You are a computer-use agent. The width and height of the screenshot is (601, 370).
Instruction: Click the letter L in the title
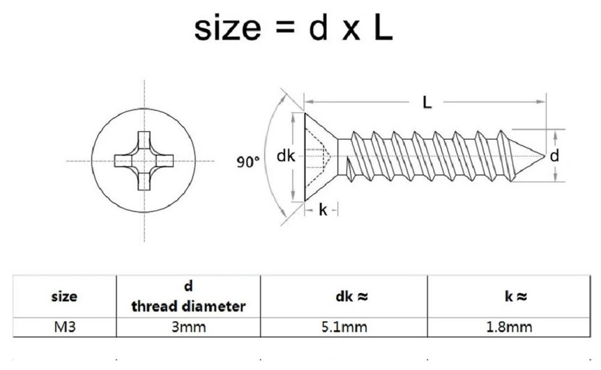click(383, 28)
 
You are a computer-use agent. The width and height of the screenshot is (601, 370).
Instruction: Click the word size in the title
click(227, 29)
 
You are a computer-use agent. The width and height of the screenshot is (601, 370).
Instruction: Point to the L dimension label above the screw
click(427, 102)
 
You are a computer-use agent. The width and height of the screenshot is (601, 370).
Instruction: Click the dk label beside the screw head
click(285, 156)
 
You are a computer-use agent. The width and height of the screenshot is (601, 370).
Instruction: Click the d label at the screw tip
click(554, 156)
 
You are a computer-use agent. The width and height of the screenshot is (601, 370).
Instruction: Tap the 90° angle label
click(248, 162)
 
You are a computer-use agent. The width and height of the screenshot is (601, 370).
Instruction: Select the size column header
click(64, 296)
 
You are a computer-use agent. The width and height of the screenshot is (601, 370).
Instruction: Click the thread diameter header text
click(188, 306)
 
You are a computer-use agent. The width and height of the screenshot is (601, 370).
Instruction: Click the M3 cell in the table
click(64, 327)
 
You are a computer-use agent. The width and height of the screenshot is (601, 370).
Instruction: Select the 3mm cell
click(188, 327)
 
